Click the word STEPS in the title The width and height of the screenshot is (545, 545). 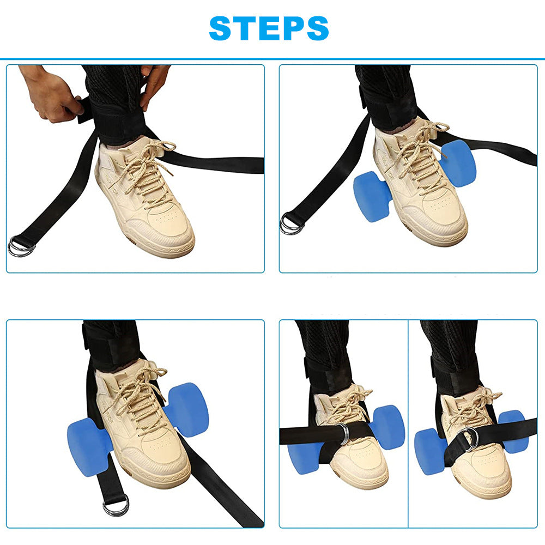tap(269, 28)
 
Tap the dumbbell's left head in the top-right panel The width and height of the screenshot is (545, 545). tap(372, 196)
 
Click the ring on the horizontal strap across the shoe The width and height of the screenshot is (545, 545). tap(343, 434)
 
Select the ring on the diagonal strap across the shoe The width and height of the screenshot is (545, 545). tap(468, 438)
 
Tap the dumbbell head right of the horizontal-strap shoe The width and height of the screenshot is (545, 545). tap(387, 427)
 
